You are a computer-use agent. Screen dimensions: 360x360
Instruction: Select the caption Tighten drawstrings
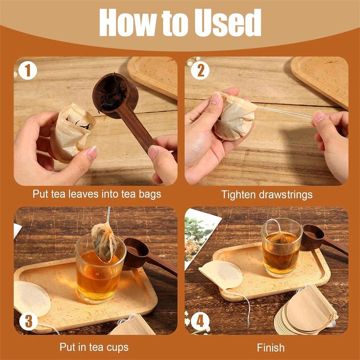coord(266,194)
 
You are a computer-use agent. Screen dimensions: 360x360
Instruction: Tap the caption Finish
coord(270,347)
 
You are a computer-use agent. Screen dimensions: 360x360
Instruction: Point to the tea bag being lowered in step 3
coord(103,241)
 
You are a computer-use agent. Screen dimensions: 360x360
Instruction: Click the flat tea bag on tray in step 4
coord(220,274)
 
